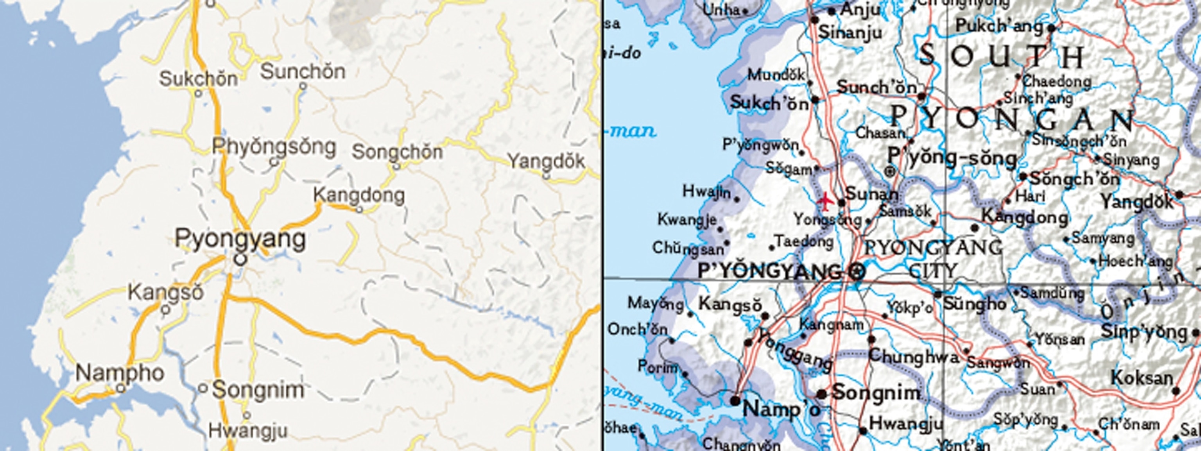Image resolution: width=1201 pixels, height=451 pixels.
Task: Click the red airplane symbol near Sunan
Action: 825,201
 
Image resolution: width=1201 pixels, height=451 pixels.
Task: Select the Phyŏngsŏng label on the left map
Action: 274,146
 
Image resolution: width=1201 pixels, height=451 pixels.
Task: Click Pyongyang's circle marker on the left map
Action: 240,260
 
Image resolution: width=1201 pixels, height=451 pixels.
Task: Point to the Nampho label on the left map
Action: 120,373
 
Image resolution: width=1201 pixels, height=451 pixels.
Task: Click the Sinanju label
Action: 850,32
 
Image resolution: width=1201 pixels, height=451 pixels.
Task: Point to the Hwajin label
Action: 707,191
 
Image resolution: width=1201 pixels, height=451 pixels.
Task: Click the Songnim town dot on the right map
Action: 821,394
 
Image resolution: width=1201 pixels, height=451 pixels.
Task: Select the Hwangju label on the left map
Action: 247,430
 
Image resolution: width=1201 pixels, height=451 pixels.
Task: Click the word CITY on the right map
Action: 933,270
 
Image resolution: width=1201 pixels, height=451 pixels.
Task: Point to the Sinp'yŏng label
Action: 1144,332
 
